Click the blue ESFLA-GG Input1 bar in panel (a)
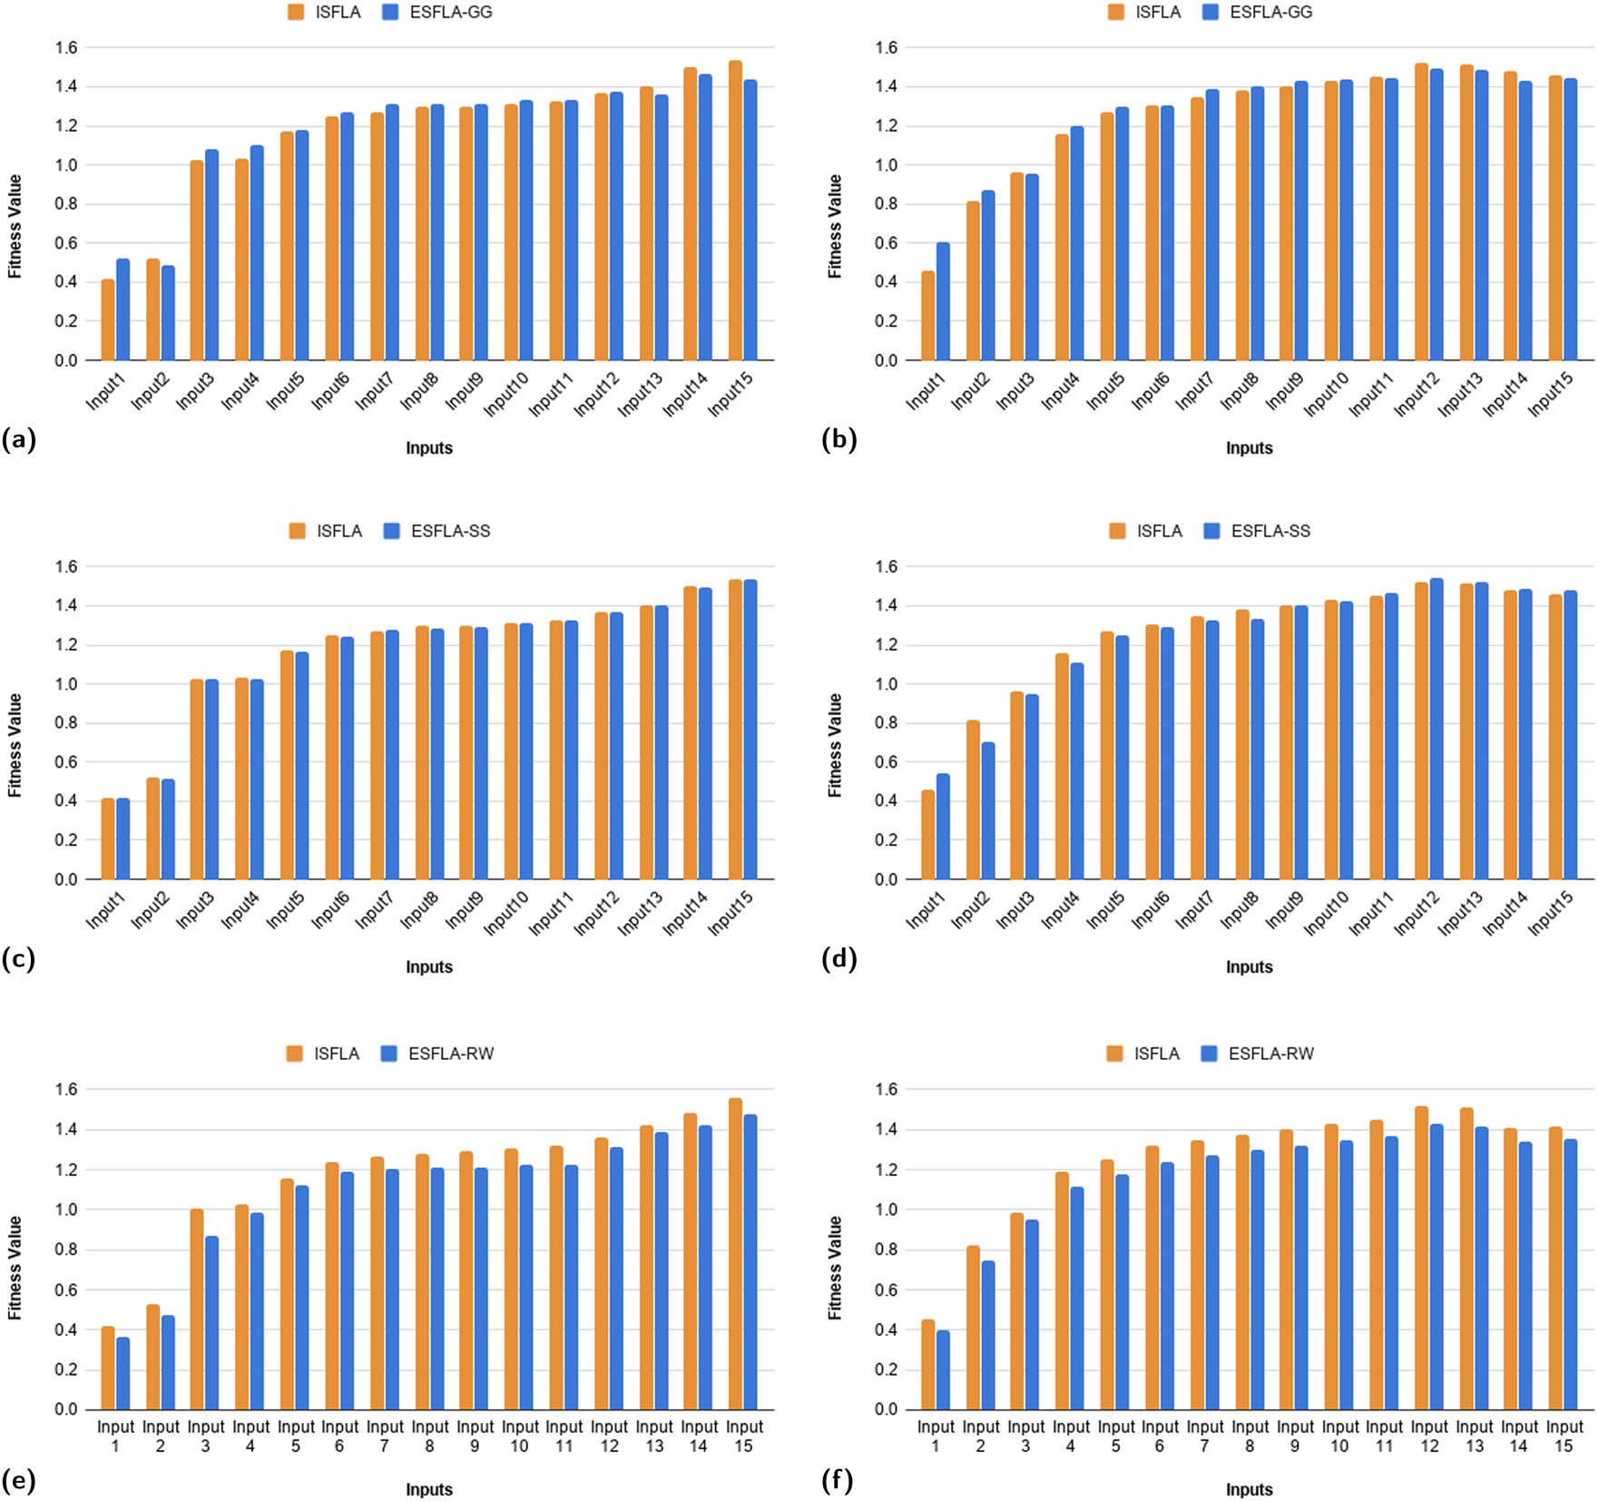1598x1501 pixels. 123,310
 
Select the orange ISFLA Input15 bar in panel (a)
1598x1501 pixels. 735,211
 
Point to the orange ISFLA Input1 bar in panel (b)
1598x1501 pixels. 928,316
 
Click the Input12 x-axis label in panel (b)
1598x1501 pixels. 1416,395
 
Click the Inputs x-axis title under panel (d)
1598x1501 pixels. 1249,967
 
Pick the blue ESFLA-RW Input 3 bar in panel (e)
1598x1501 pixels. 212,1322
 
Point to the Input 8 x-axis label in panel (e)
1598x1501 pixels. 429,1436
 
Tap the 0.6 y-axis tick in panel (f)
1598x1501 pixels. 886,1290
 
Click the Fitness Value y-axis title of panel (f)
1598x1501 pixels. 835,1268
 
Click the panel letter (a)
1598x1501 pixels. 19,440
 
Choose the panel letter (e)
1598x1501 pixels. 19,1481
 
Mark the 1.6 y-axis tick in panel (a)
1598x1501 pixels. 65,47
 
